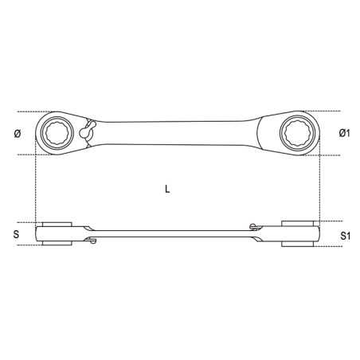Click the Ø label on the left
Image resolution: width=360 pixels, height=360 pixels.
[18, 134]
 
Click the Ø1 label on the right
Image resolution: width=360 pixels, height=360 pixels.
[344, 133]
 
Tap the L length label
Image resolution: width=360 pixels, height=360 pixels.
[167, 189]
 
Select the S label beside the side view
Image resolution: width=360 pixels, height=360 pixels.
[17, 234]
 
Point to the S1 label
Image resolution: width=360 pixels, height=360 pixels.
[346, 236]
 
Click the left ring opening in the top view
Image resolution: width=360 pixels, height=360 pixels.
[57, 132]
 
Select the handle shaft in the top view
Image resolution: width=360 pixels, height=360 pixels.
[174, 133]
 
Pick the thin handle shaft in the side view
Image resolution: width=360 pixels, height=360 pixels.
[173, 234]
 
